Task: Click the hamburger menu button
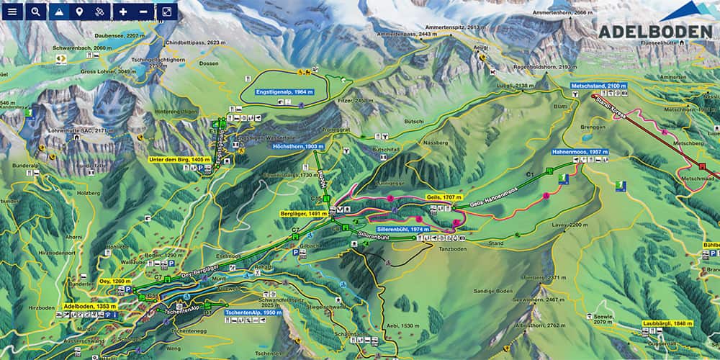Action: [x=12, y=12]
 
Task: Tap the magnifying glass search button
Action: [x=36, y=12]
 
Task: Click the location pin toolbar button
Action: [x=79, y=12]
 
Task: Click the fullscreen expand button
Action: [x=166, y=12]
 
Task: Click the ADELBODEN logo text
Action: [x=654, y=32]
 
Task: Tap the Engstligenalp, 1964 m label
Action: [x=284, y=92]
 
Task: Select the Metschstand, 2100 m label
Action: [x=598, y=86]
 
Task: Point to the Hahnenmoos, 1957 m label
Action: [x=580, y=153]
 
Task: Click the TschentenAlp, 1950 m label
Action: [x=253, y=313]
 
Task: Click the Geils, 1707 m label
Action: [x=443, y=197]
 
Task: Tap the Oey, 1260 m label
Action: [x=115, y=282]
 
